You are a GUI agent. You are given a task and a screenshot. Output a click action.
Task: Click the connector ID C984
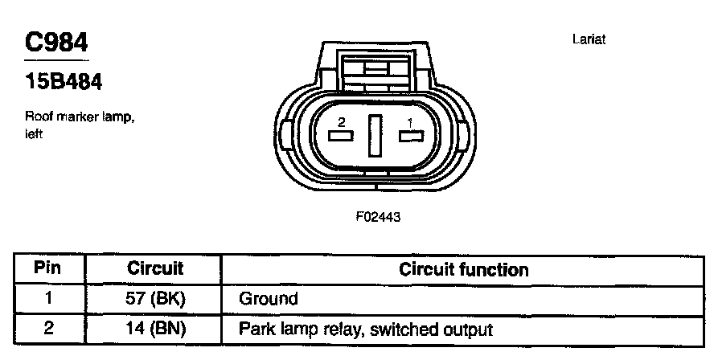click(55, 41)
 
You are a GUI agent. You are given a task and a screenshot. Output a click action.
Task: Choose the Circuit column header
click(155, 268)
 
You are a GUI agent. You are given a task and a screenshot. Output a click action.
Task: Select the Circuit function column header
click(463, 269)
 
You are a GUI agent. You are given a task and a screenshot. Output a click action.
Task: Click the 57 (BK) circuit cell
click(155, 299)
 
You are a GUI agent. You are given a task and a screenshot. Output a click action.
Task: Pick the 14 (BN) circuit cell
click(155, 329)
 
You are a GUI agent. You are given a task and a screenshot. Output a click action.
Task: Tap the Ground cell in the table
click(269, 299)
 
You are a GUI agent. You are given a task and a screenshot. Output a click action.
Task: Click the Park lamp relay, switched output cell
click(365, 329)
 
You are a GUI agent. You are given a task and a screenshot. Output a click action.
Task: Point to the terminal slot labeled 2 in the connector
click(340, 136)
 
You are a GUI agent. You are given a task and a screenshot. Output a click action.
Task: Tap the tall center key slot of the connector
click(375, 136)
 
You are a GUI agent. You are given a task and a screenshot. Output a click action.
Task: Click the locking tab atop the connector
click(375, 68)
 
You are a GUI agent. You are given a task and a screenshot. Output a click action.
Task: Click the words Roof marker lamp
click(80, 117)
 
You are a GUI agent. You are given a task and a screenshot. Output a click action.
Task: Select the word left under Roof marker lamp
click(34, 133)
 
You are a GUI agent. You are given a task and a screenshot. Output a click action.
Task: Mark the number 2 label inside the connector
click(342, 123)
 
